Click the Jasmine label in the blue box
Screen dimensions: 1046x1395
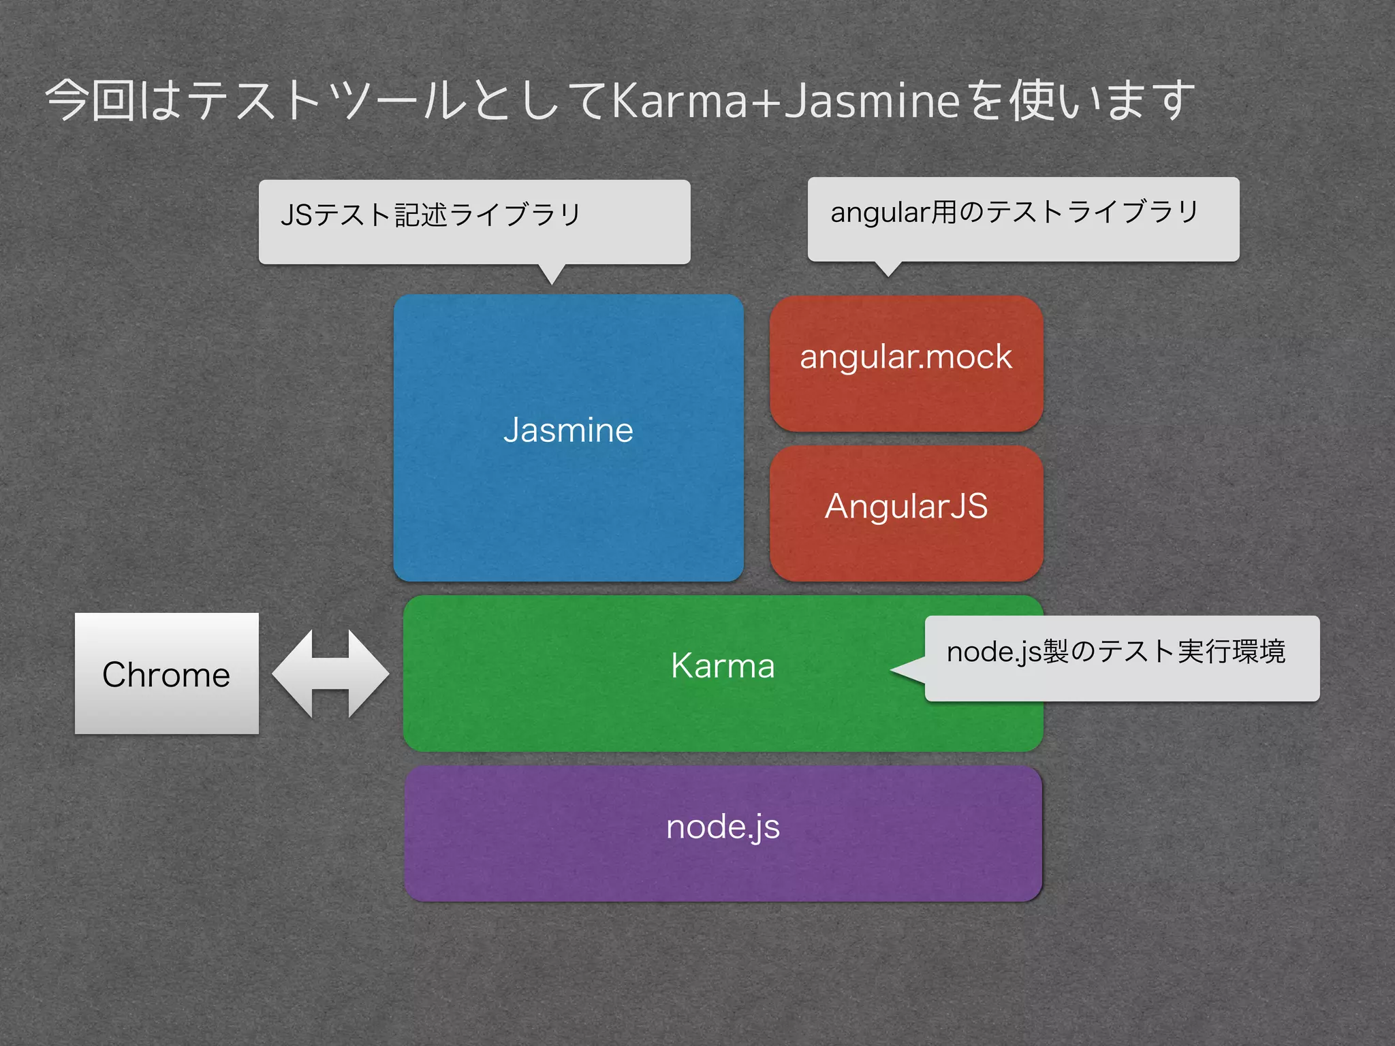pos(568,430)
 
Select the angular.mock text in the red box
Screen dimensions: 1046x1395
pos(906,358)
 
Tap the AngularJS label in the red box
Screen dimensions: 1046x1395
pos(906,507)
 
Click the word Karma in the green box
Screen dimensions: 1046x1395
pos(723,665)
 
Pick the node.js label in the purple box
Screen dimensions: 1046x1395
pos(723,827)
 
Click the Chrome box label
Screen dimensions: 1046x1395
pos(166,675)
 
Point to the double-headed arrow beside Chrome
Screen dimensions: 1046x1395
pos(330,673)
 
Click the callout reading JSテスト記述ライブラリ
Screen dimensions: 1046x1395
pos(431,215)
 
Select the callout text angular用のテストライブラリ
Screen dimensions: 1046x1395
pos(1014,212)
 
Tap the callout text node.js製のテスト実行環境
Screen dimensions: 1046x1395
pos(1116,652)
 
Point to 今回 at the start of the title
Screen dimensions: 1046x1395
pos(91,101)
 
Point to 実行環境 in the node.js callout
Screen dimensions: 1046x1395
pos(1232,652)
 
